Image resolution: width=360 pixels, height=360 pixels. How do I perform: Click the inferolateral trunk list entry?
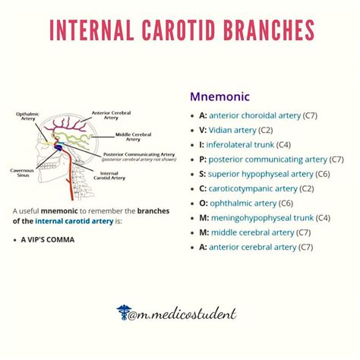point(248,144)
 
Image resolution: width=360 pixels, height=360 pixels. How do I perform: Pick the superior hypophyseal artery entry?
point(263,174)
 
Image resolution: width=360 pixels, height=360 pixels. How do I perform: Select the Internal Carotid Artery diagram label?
point(111,177)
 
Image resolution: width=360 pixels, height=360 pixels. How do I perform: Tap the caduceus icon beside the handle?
point(125,313)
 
